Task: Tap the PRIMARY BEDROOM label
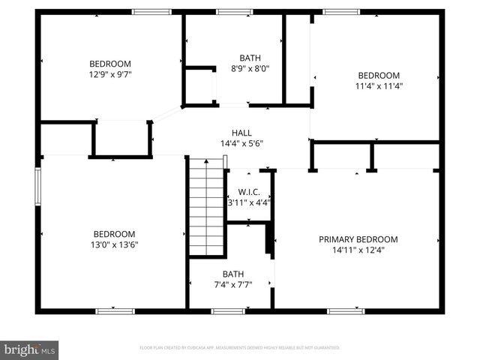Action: tap(358, 239)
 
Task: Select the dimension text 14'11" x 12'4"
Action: tap(358, 250)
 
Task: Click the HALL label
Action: tap(241, 133)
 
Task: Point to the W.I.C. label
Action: tap(248, 191)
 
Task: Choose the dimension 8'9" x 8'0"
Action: tap(250, 68)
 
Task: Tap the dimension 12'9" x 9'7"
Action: tap(110, 74)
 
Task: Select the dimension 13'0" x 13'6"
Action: tap(114, 244)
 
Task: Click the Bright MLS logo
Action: tap(29, 349)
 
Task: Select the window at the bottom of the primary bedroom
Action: tap(346, 310)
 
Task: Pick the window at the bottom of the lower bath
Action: tap(228, 310)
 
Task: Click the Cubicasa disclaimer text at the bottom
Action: tap(240, 348)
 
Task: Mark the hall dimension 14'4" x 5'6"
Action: tap(241, 143)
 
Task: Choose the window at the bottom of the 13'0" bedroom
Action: tap(115, 310)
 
